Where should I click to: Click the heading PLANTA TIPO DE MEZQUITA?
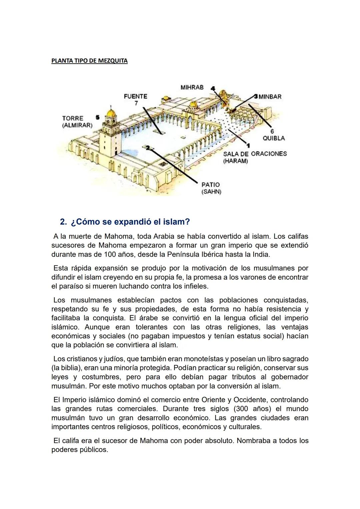(89, 61)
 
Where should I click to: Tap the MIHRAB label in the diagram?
(192, 87)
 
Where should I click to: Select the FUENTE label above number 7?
(135, 96)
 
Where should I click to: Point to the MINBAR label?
(270, 97)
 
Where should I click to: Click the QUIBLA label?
(274, 138)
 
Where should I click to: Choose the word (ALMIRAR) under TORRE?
(77, 125)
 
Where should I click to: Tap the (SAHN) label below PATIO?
(211, 192)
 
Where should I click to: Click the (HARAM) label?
(236, 161)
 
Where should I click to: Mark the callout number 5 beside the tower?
(97, 117)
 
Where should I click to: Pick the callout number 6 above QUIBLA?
(272, 132)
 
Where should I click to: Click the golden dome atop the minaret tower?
(111, 113)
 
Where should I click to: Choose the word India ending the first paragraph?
(260, 254)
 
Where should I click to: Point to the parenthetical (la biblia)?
(66, 368)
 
